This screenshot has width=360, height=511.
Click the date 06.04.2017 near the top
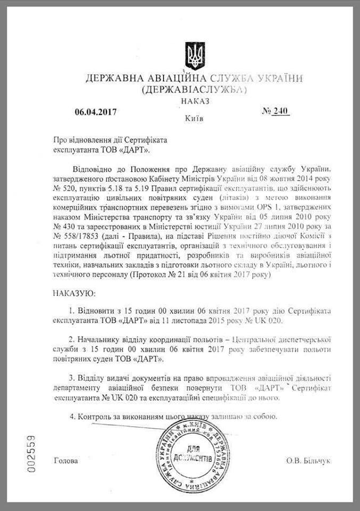coord(95,112)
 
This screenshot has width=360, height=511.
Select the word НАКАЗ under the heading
coord(195,100)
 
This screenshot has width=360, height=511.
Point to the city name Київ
coord(194,118)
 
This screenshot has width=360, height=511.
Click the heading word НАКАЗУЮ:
coord(75,293)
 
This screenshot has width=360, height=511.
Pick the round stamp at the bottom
coord(189,455)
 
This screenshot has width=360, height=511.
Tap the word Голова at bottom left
coord(66,460)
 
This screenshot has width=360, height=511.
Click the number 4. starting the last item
coord(72,415)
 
